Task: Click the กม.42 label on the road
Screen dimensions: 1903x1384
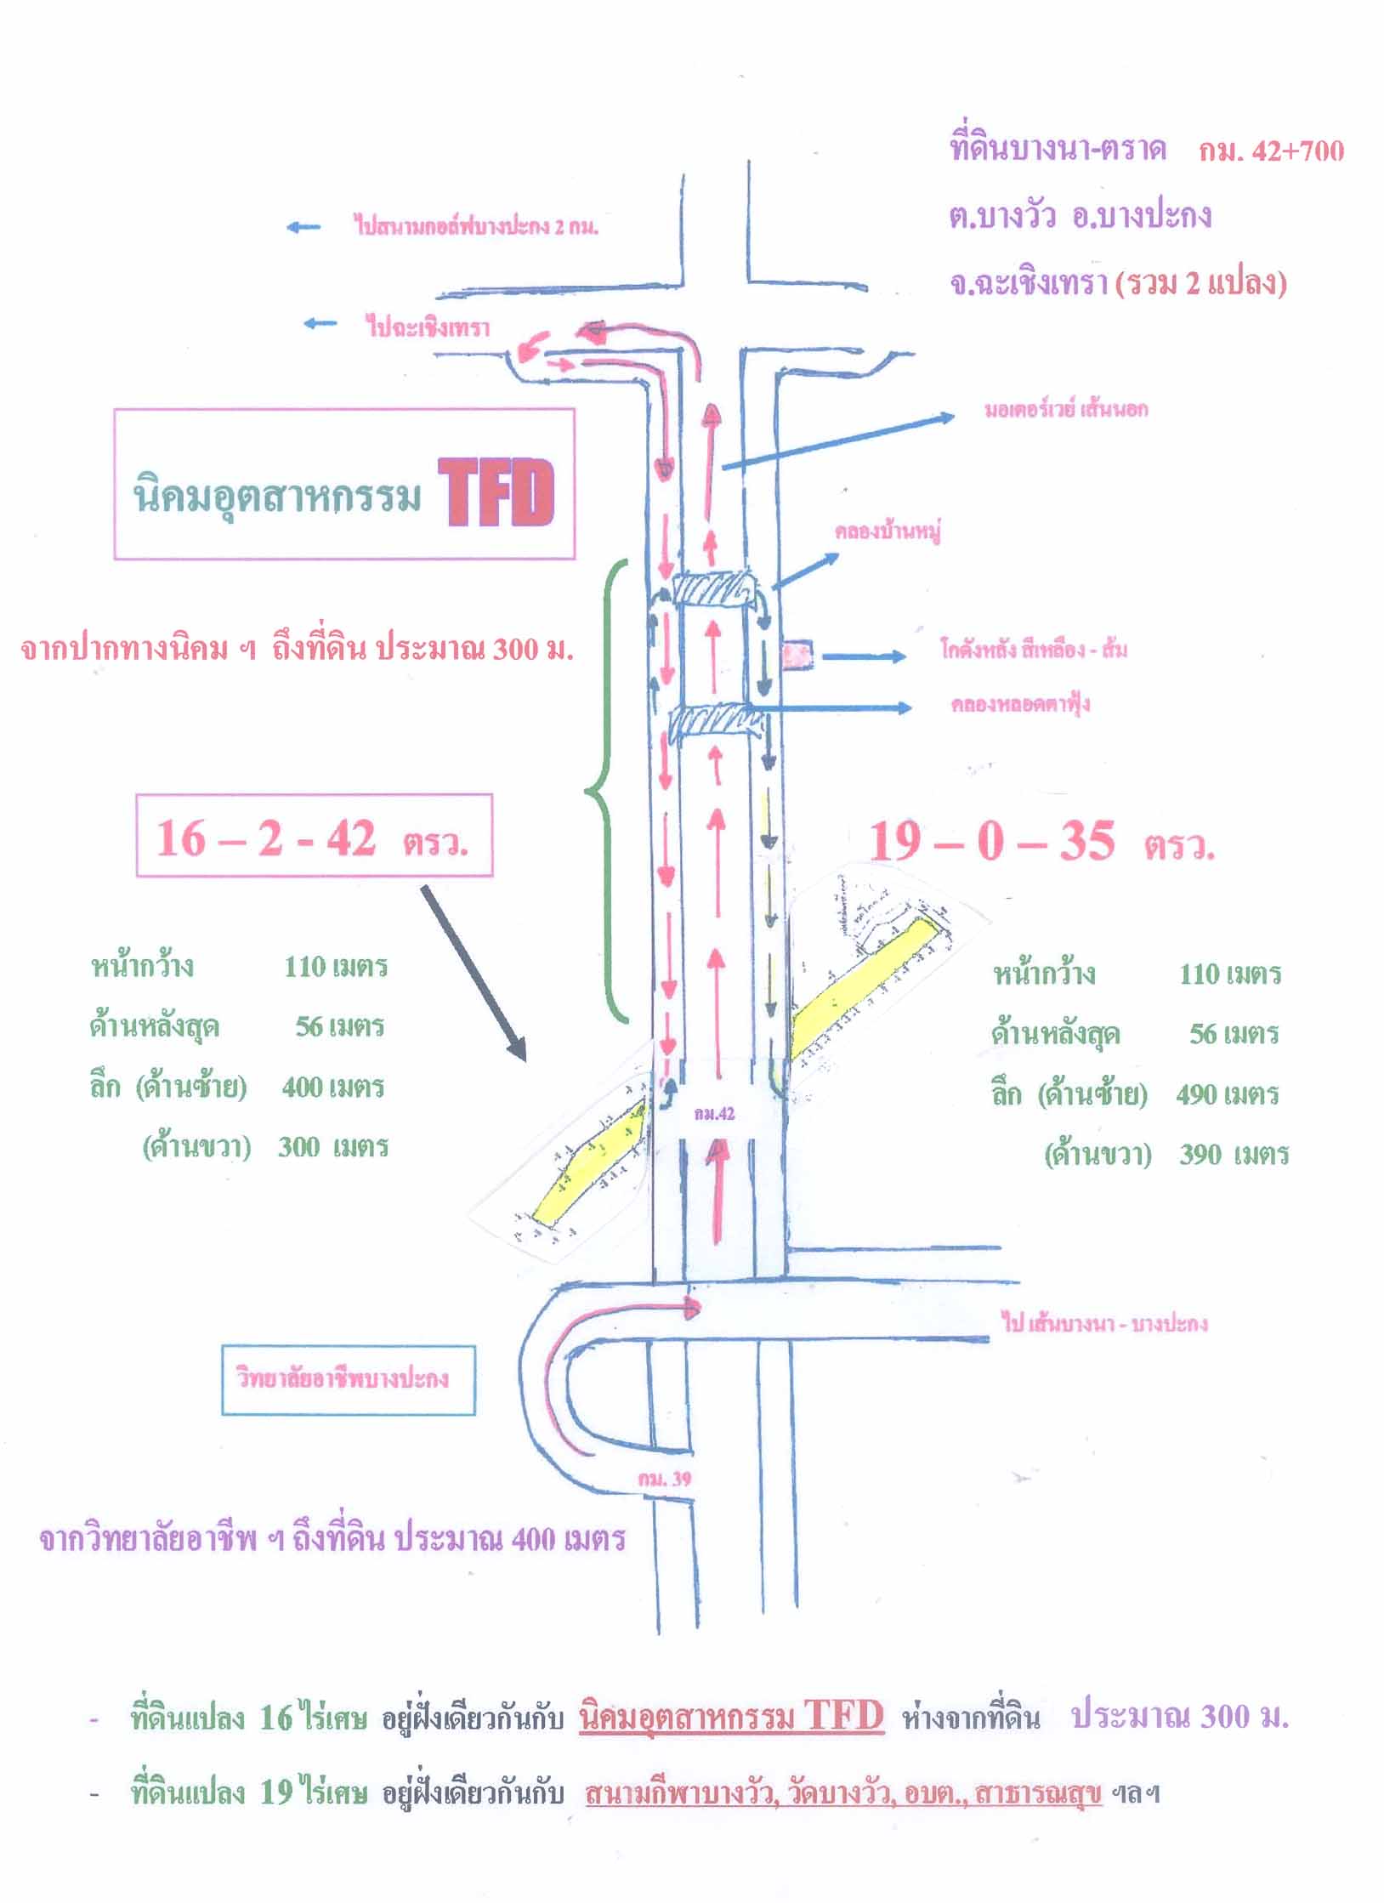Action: point(713,1115)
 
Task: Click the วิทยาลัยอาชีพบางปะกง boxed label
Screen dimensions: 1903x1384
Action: point(348,1378)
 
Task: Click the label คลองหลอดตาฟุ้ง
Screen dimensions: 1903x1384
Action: point(1020,705)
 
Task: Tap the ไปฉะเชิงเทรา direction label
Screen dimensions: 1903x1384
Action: point(428,327)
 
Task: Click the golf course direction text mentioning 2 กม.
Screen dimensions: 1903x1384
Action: point(475,227)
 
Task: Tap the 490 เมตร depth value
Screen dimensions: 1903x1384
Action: point(1227,1094)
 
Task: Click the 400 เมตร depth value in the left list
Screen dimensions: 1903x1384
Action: point(332,1087)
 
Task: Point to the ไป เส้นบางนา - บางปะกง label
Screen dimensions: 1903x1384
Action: point(1105,1324)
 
